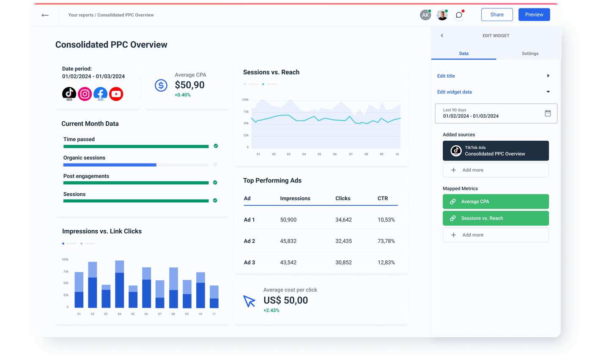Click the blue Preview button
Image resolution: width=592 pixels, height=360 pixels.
point(534,14)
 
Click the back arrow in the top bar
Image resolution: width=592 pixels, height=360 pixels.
point(45,15)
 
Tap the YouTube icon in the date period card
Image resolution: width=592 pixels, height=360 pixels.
point(116,94)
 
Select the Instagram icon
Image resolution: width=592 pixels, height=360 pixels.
point(85,94)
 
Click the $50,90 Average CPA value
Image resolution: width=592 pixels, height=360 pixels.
point(189,85)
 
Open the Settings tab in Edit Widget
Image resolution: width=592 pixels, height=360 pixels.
point(530,54)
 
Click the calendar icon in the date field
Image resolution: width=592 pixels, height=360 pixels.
point(548,113)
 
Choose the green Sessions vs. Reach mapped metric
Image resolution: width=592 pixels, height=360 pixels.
point(496,218)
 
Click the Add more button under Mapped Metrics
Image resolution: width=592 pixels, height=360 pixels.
point(496,235)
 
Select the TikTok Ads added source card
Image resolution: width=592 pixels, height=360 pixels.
point(496,151)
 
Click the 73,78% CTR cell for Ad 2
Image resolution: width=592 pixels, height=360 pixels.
point(386,241)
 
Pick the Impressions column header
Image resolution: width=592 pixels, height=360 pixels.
point(295,198)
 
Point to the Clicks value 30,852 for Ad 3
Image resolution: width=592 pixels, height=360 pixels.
point(343,262)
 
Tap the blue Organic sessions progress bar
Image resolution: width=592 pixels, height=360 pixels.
point(110,165)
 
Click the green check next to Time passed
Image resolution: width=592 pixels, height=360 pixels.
point(216,146)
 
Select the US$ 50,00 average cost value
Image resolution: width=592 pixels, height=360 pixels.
point(285,300)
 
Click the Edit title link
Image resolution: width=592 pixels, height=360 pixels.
point(446,76)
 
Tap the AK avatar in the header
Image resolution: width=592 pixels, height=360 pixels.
point(425,15)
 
